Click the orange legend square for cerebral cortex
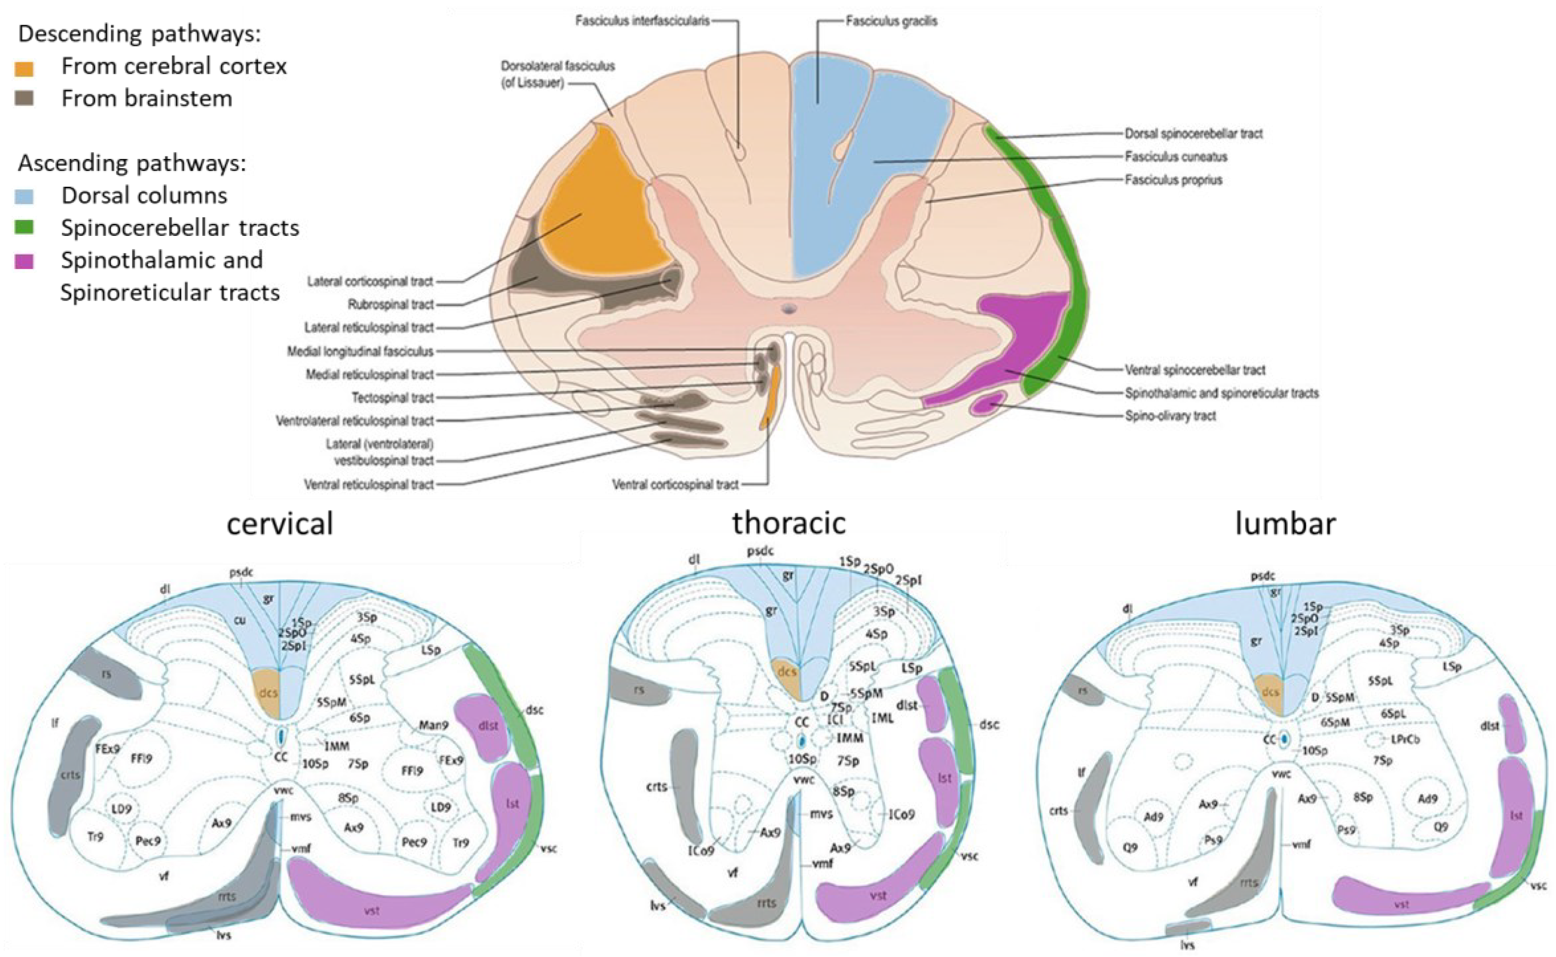coord(24,68)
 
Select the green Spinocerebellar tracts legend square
coord(24,228)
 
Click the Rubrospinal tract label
coord(390,304)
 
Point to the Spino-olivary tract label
coord(1170,416)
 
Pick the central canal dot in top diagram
coord(789,309)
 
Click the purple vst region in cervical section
coord(374,908)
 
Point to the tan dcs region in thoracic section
coord(786,672)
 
